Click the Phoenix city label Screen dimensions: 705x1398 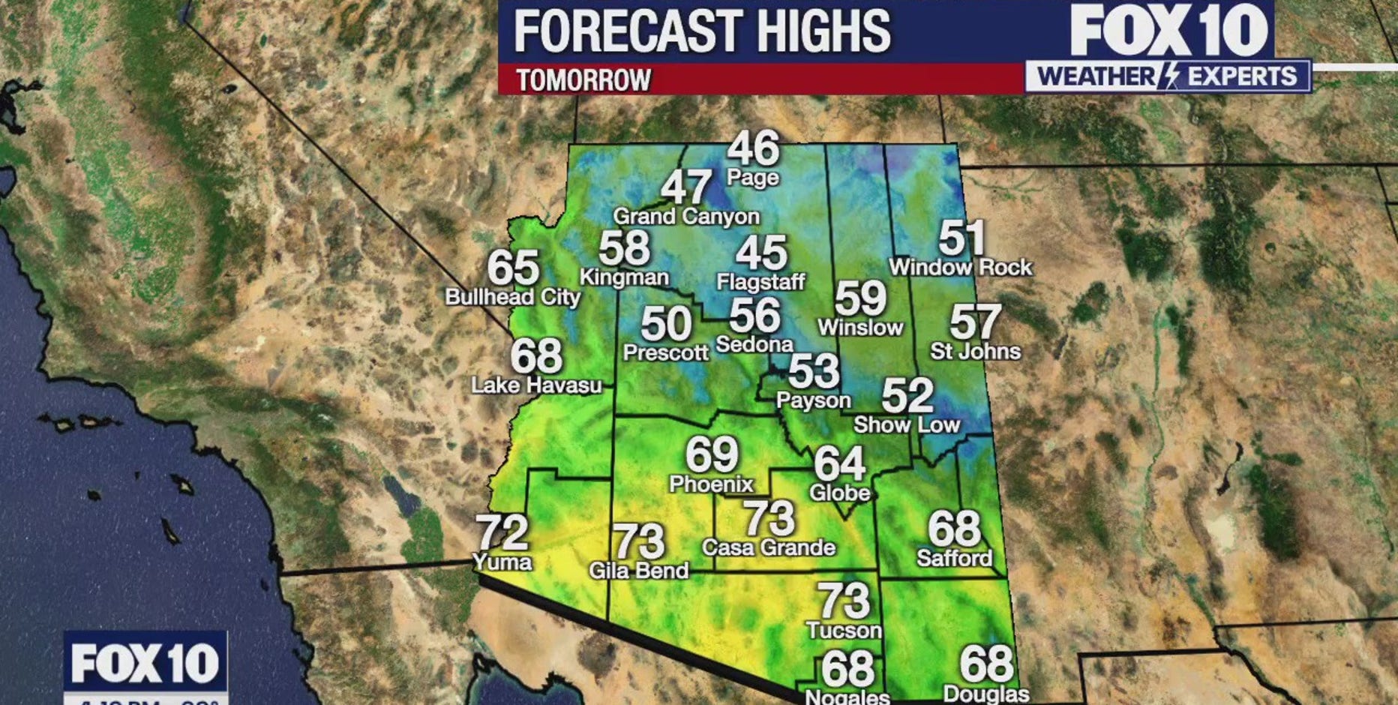tap(711, 484)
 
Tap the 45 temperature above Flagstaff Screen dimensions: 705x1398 tap(761, 253)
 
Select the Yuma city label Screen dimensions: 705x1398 tap(502, 562)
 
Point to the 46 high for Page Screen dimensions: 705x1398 tap(754, 148)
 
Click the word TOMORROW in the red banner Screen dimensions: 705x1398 tap(583, 79)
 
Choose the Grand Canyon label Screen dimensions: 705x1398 tap(686, 217)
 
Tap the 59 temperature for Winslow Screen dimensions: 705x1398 tap(860, 298)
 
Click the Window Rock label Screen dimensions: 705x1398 tap(961, 267)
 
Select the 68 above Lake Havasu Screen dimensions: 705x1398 tap(536, 356)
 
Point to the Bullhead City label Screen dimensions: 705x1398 tap(513, 297)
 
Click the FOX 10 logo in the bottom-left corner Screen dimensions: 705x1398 tap(145, 663)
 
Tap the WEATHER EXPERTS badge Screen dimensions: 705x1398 tap(1168, 76)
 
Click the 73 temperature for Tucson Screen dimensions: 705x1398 tap(844, 600)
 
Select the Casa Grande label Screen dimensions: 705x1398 tap(769, 547)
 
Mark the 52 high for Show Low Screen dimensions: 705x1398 tap(907, 395)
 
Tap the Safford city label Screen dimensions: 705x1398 tap(954, 558)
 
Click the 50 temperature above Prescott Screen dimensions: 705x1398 tap(666, 324)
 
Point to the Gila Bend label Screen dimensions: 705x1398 tap(639, 571)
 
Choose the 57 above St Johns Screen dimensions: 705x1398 tap(976, 322)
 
